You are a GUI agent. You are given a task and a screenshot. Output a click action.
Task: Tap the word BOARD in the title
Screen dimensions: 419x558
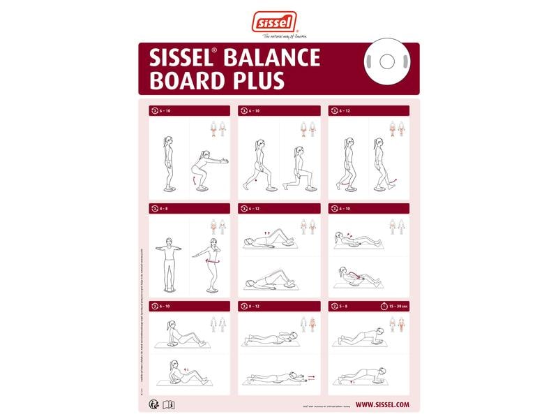pos(186,81)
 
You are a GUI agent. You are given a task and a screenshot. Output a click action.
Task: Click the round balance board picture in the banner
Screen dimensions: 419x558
pos(387,61)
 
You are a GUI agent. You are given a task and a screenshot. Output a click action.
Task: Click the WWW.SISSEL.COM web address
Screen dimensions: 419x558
pos(382,404)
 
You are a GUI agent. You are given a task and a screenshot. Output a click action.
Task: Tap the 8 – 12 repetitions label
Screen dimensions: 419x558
pos(255,306)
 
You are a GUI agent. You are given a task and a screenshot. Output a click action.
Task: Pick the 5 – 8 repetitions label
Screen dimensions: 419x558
pos(344,306)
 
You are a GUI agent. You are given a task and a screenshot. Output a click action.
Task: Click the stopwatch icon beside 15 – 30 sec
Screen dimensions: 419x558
pos(377,306)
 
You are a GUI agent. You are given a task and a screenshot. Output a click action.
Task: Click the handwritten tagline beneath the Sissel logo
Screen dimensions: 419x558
pos(278,36)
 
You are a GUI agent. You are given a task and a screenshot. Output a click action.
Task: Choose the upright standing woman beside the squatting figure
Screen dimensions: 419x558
pos(168,163)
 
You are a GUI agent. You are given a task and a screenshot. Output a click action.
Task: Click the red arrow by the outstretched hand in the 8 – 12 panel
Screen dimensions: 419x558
pos(310,376)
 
